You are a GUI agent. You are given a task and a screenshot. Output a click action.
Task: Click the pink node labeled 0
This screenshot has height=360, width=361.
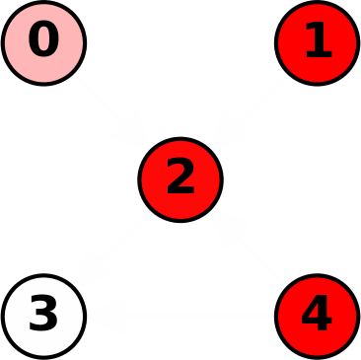tap(44, 43)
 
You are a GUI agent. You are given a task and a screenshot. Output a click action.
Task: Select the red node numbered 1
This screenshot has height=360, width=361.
tap(317, 43)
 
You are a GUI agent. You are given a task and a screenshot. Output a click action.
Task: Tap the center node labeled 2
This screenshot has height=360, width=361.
tap(180, 180)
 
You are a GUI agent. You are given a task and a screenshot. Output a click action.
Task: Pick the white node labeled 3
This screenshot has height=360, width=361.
tap(44, 316)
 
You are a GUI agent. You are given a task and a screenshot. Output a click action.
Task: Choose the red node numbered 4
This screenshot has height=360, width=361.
tap(317, 316)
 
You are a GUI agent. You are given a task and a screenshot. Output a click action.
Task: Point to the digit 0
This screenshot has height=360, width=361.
tap(44, 41)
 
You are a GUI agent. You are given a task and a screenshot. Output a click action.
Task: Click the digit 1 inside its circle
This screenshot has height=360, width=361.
tap(318, 41)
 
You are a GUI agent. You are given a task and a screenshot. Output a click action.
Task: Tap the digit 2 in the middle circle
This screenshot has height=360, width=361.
tap(180, 179)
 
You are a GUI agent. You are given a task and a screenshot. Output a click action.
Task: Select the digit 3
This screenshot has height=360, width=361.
tap(44, 316)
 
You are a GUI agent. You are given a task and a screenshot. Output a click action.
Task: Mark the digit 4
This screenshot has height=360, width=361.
tap(317, 316)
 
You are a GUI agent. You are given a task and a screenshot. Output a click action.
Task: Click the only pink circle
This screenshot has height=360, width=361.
tap(44, 43)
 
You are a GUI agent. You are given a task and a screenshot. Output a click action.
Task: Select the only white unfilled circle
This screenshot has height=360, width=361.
tap(44, 316)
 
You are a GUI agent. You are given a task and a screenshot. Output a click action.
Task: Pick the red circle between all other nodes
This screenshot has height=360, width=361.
tap(180, 180)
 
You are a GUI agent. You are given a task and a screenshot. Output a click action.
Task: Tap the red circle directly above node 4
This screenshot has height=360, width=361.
tap(317, 43)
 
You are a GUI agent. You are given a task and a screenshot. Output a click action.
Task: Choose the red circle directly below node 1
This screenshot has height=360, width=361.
tap(317, 316)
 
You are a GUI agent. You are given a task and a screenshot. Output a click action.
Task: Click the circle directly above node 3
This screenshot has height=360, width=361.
tap(44, 43)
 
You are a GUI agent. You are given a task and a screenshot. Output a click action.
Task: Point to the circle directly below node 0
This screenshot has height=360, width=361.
tap(44, 316)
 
